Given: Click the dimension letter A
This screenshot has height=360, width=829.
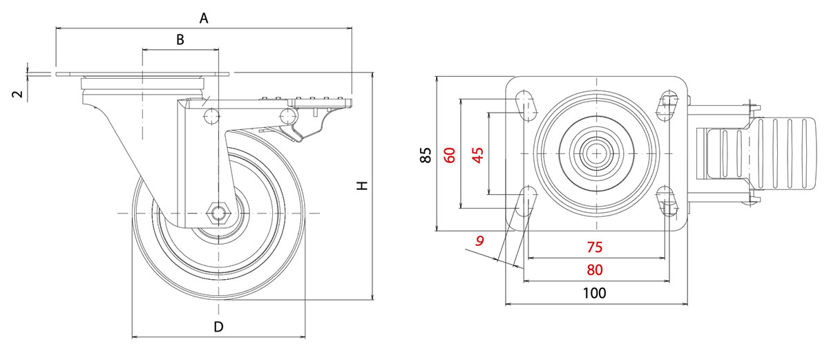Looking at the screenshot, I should coord(204,19).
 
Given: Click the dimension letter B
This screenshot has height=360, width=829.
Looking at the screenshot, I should coord(180,40).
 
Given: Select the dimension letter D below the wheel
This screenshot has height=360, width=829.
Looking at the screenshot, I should coord(218,327).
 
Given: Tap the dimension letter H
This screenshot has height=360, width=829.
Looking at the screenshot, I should coord(362,186).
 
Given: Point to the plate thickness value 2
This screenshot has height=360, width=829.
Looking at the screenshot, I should coord(19,93).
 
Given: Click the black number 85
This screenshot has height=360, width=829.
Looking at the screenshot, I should coord(426,155).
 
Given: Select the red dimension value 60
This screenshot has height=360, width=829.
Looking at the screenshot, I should coord(450,155).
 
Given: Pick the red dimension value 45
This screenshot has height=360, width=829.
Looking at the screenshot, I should coord(477,155).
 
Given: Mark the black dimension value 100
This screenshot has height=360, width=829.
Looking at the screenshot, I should coord(594,292).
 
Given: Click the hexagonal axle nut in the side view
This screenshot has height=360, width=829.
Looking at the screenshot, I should coord(220,211).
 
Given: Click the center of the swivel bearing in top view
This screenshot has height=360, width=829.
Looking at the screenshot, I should coord(595,152).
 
